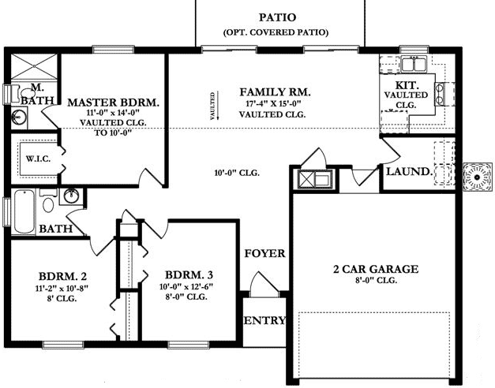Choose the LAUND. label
407,171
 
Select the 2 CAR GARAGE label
374,269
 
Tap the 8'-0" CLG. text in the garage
374,280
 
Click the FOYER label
264,254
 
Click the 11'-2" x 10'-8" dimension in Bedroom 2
62,289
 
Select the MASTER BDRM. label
114,103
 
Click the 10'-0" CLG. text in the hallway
238,173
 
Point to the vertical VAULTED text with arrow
212,107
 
